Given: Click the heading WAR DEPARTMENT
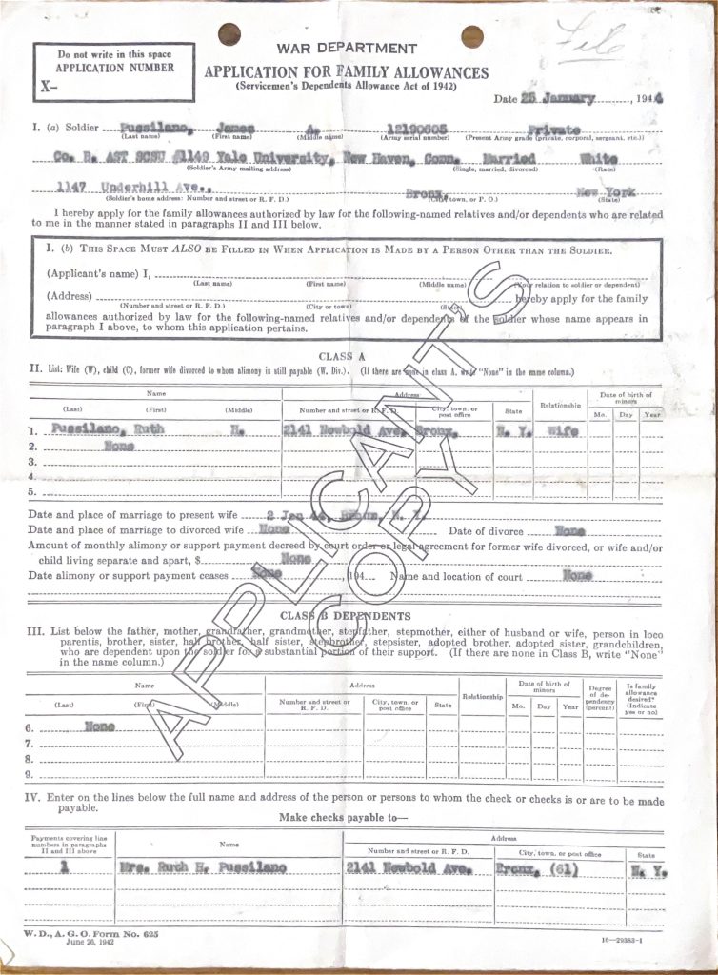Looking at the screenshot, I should pos(347,49).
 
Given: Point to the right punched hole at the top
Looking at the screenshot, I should pos(472,36).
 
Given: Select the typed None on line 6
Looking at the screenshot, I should pos(100,726).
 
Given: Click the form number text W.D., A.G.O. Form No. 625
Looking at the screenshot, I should pos(90,936).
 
